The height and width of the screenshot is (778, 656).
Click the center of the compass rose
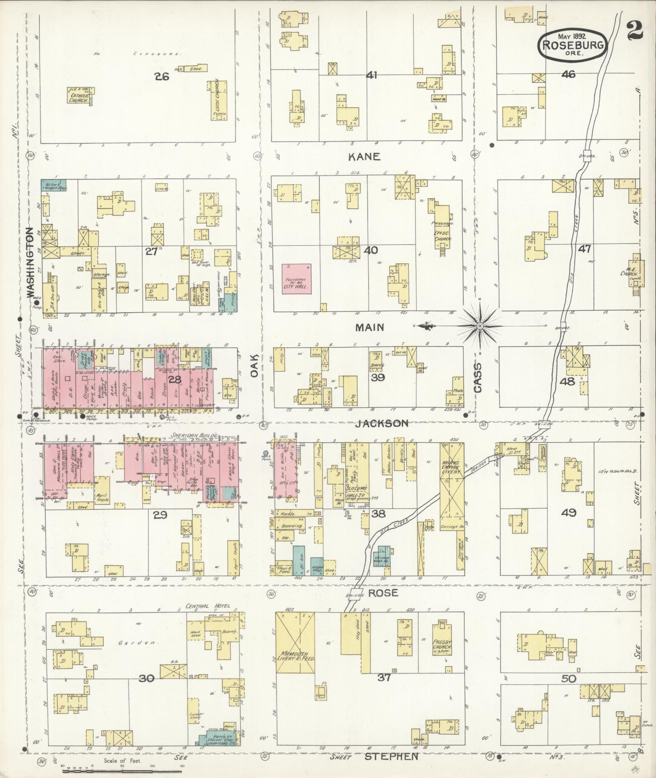click(x=480, y=326)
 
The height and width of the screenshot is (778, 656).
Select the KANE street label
click(x=364, y=157)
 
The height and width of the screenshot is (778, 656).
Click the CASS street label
click(x=477, y=377)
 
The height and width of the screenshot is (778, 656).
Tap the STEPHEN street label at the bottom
click(x=391, y=756)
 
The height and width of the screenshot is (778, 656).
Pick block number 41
click(x=371, y=75)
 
